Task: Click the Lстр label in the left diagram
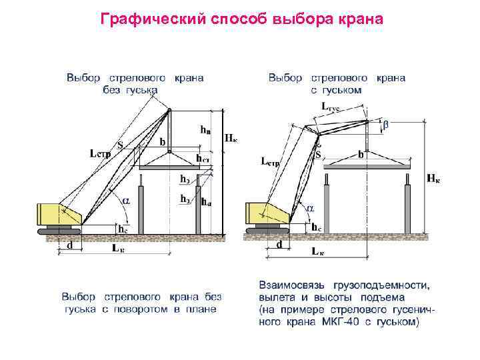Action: (x=100, y=153)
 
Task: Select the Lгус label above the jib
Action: (x=331, y=106)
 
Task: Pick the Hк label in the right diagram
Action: (x=433, y=177)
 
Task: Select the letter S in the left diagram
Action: (x=119, y=145)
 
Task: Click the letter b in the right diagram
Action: (x=361, y=154)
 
